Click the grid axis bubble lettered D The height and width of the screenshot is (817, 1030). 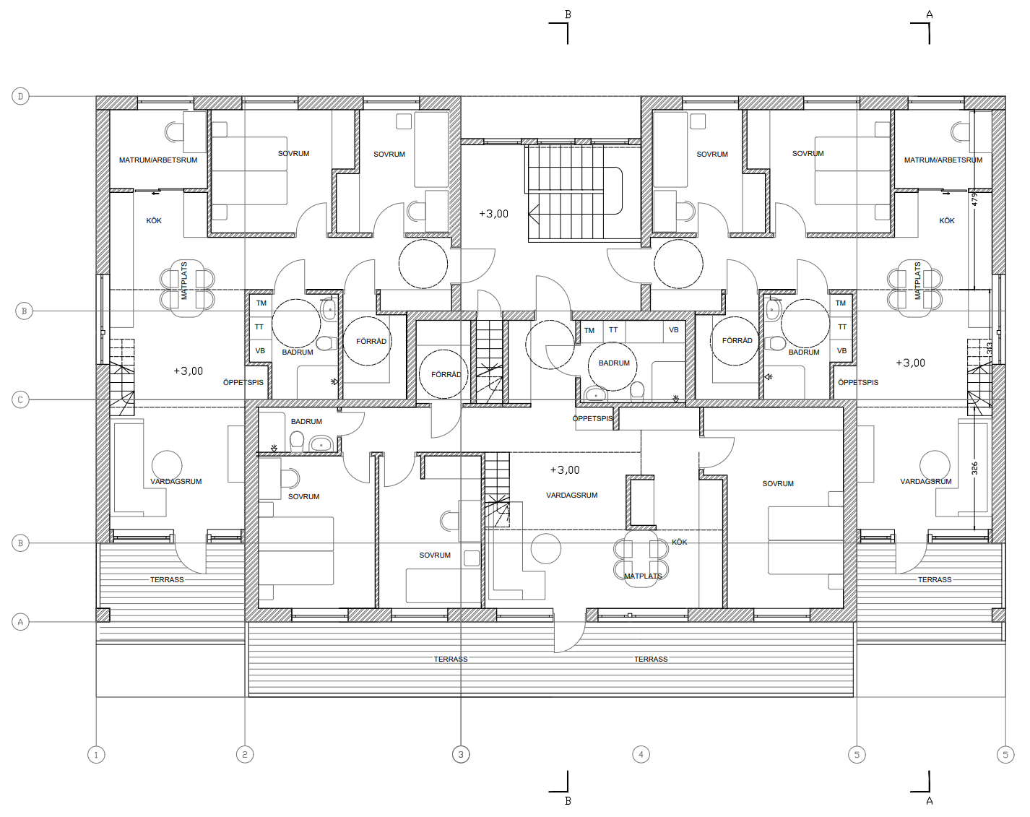20,96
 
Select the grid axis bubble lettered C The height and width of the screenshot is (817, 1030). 20,399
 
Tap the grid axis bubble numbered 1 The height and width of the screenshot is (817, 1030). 96,755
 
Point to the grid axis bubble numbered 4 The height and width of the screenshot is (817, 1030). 641,755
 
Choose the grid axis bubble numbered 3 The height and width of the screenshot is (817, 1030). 461,755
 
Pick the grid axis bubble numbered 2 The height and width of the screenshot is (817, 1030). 245,755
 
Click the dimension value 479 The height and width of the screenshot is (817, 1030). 975,200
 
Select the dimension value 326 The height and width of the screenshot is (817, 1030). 975,469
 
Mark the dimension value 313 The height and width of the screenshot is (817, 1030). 990,348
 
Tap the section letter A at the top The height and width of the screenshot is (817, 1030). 930,15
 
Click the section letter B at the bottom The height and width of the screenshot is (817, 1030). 568,800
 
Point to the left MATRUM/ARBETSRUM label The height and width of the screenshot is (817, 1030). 158,160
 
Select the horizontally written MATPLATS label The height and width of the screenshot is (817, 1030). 643,576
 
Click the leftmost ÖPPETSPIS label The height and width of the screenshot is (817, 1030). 243,382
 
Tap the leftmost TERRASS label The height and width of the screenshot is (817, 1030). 167,579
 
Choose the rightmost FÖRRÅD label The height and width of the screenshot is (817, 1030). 737,340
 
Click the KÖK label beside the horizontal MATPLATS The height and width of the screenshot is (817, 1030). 679,542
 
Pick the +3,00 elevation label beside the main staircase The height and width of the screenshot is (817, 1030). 493,214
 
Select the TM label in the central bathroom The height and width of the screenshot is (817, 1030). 589,330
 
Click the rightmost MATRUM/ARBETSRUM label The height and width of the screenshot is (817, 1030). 943,160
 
